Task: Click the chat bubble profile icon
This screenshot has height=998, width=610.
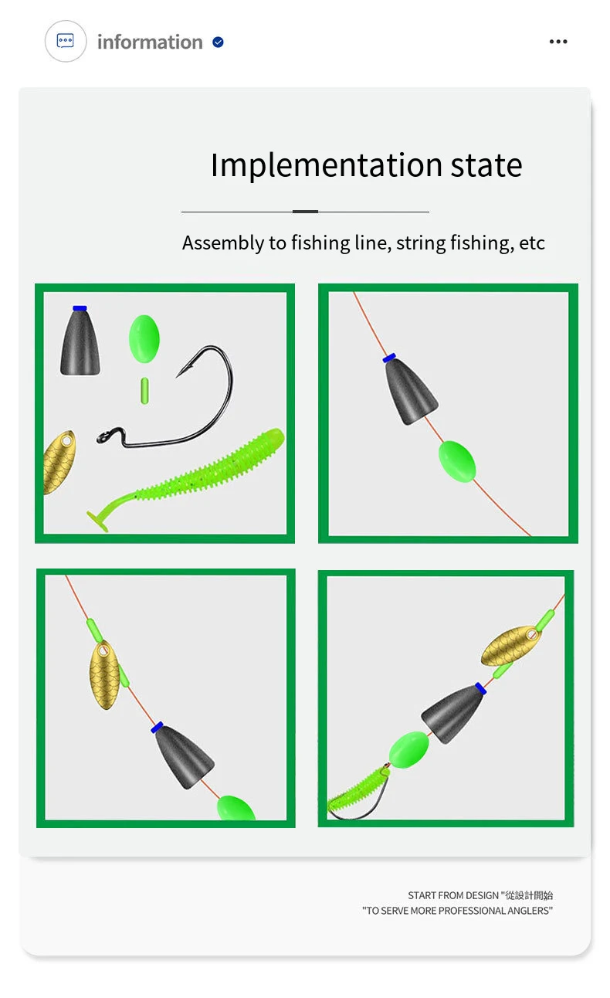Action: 66,41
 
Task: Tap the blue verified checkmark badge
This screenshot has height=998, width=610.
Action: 218,42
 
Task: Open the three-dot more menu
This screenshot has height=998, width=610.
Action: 558,42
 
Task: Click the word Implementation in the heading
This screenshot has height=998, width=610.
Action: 327,166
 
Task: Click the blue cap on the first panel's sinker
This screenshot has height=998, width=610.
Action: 80,308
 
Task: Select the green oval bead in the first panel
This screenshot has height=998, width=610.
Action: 144,338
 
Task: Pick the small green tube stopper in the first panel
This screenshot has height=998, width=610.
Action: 144,391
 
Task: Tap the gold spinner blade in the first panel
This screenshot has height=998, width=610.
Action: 59,463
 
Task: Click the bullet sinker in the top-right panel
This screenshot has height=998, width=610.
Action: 411,389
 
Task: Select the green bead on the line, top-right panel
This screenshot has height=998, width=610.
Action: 457,462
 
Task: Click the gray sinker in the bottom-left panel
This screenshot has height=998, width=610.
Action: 182,755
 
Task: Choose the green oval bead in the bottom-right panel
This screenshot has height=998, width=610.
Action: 408,750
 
